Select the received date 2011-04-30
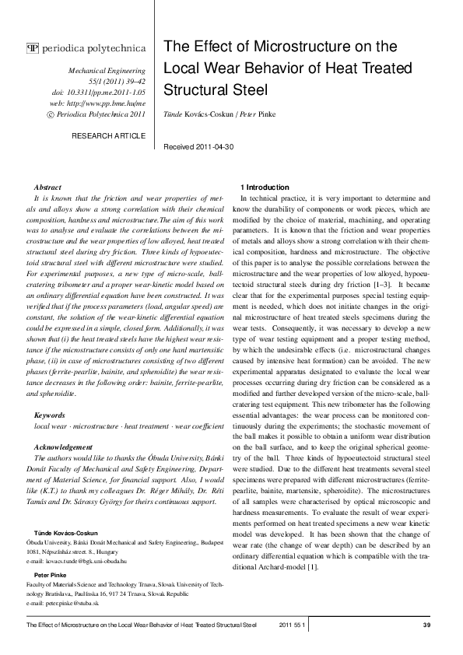235,146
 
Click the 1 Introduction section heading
266,187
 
